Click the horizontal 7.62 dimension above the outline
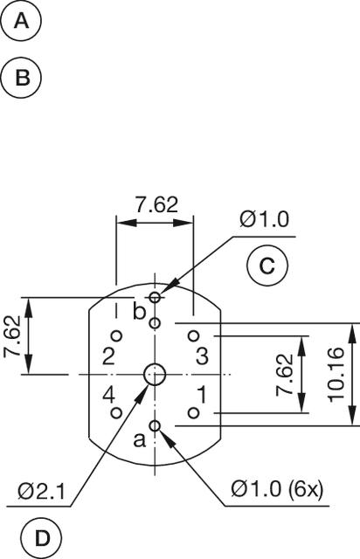156,204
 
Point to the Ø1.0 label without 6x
263,219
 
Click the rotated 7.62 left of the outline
12,336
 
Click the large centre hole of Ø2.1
155,375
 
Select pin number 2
107,355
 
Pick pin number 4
108,394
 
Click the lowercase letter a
138,439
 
